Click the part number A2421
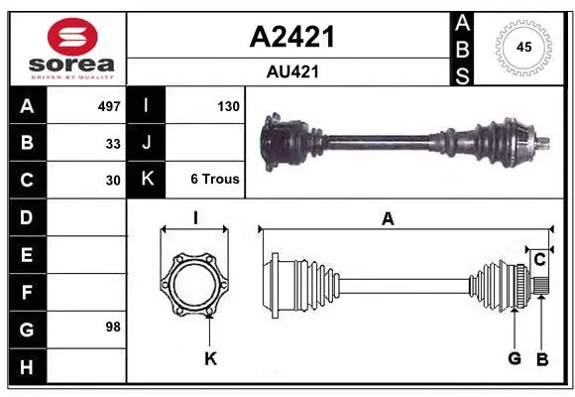(290, 37)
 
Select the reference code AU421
(290, 71)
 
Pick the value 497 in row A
(108, 105)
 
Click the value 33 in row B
(113, 143)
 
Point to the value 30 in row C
(113, 181)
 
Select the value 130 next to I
(228, 105)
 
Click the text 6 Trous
(214, 180)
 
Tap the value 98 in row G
(113, 327)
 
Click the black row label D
(26, 217)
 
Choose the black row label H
(26, 368)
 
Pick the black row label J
(147, 143)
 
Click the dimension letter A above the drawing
(388, 219)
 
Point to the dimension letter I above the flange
(195, 219)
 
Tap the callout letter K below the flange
(210, 359)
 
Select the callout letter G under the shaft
(515, 359)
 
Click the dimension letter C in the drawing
(539, 260)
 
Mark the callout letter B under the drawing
(542, 359)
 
